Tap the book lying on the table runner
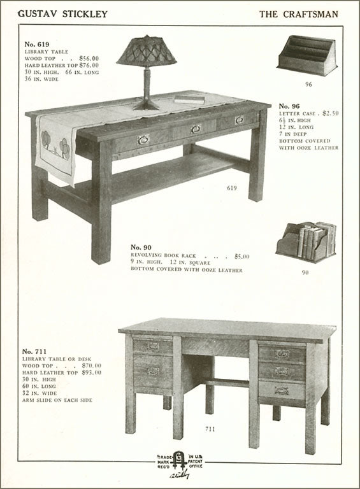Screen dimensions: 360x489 [189, 99]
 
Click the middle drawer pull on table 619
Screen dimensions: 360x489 [196, 129]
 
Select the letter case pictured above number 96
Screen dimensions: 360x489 [306, 55]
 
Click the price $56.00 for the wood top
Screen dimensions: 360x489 [89, 59]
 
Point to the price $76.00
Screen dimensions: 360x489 [89, 65]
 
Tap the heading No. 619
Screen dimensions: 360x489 [37, 45]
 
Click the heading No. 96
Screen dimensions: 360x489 [289, 106]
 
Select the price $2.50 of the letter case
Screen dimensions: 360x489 [330, 113]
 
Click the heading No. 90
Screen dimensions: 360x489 [141, 247]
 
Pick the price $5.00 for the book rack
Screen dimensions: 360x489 [242, 257]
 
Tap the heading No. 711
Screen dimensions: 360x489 [34, 351]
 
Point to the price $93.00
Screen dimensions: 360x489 [92, 372]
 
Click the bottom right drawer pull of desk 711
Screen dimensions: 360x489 [282, 391]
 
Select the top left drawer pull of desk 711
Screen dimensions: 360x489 [153, 346]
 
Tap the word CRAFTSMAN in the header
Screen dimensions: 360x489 [311, 15]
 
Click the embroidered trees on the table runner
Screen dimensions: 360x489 [55, 145]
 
